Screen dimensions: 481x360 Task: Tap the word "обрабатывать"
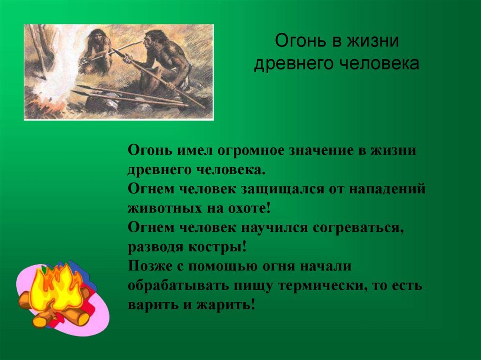[x=179, y=286]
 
